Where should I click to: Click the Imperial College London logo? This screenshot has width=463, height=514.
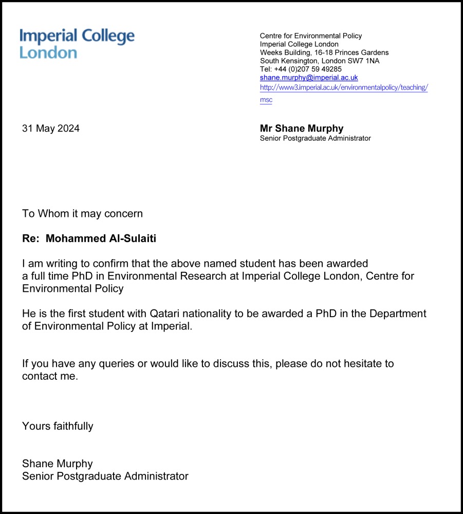[77, 44]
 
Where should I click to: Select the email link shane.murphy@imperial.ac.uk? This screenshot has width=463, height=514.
[309, 78]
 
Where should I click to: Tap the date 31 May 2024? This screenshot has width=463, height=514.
[51, 128]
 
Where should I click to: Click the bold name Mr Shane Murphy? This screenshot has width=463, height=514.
[302, 128]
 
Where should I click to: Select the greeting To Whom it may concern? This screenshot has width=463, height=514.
[82, 213]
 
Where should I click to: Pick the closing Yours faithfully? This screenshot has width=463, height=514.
[58, 426]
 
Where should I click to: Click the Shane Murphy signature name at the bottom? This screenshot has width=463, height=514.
[58, 464]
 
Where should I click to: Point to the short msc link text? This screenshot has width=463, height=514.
[266, 100]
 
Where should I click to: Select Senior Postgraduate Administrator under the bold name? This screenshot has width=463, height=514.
[315, 138]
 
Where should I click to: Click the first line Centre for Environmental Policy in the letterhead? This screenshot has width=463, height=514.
[311, 36]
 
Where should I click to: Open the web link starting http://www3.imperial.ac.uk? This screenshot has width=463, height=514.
[343, 87]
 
